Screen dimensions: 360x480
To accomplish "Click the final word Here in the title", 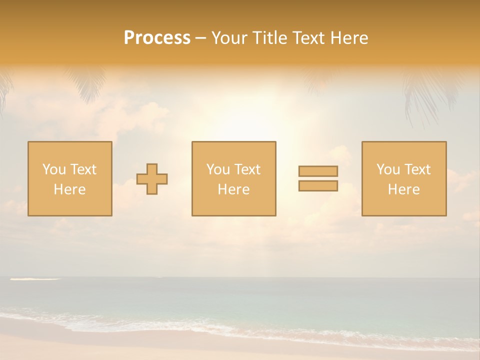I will pos(349,38).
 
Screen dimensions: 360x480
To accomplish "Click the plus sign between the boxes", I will pos(152,179).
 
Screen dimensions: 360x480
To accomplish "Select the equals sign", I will pos(318,178).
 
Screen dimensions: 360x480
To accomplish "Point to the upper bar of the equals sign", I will pos(318,171).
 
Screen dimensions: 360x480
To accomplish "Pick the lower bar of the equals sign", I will pos(318,185).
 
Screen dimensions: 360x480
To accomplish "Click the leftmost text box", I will pos(70,179).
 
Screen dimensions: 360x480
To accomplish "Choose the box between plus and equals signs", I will pos(233,179).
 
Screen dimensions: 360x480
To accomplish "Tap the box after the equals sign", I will pos(404,179).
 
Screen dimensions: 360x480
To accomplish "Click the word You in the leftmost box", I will pos(53,169).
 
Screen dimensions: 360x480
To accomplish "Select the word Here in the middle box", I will pos(233,189).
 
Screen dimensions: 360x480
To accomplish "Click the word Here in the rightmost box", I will pos(404,189).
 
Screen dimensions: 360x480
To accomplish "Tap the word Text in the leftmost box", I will pos(82,169).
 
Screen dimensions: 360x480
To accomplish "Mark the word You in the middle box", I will pos(217,169).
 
